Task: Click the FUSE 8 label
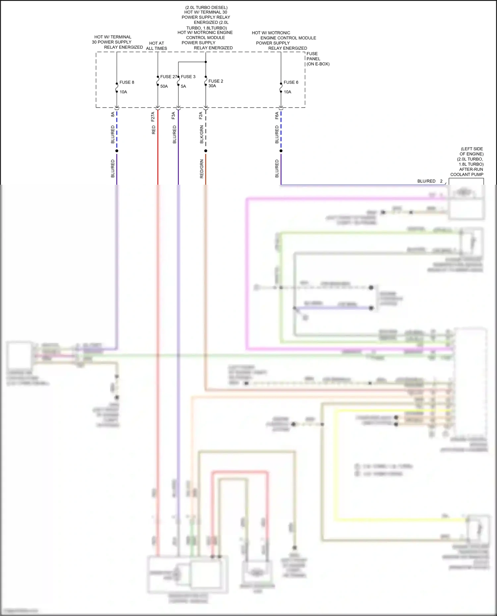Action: tap(127, 82)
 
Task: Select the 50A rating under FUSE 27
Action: tap(164, 86)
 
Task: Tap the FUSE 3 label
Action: tap(188, 77)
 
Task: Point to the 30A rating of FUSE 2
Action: tap(212, 86)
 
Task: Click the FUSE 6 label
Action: tap(291, 82)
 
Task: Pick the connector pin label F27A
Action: tap(153, 117)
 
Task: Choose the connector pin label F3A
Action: tap(173, 116)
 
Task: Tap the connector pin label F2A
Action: tap(200, 116)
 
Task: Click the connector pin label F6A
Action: tap(277, 116)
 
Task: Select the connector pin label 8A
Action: tap(113, 114)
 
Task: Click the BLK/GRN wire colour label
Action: tap(201, 134)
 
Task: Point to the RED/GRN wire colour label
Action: tap(201, 169)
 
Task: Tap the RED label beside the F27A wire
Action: tap(153, 130)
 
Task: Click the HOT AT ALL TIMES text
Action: tap(156, 46)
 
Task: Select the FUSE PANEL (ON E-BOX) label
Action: tap(317, 59)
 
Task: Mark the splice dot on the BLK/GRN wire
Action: tap(206, 151)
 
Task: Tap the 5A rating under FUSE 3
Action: tap(184, 86)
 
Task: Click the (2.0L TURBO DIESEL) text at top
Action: tap(206, 7)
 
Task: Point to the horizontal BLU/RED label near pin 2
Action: tap(426, 181)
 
